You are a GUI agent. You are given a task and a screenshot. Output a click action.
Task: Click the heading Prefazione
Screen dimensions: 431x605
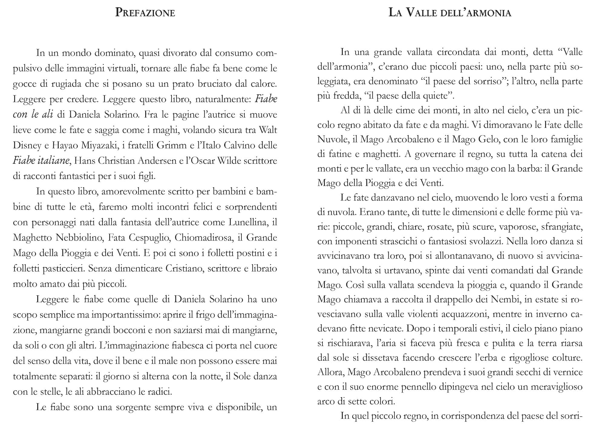click(145, 13)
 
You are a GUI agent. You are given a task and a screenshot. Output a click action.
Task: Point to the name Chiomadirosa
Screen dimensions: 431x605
click(200, 238)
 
